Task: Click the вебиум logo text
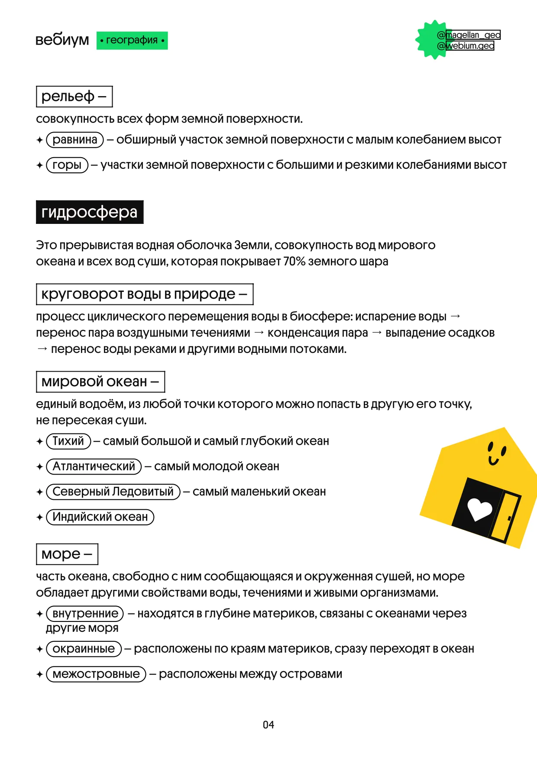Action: click(62, 40)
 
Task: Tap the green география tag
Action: click(132, 40)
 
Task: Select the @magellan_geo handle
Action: click(469, 35)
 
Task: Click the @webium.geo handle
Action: click(466, 45)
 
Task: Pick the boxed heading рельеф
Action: click(74, 96)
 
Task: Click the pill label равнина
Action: click(75, 139)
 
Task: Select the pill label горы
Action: click(67, 165)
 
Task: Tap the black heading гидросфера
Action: click(90, 212)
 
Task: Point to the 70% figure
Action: click(294, 262)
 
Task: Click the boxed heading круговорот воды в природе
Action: click(145, 294)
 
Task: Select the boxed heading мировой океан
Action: click(100, 382)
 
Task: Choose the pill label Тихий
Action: click(68, 441)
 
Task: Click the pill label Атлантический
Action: click(94, 466)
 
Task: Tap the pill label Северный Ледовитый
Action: click(113, 492)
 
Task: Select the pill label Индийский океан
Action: click(100, 517)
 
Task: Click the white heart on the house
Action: click(479, 509)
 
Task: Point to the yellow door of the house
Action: click(505, 517)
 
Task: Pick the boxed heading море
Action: click(67, 554)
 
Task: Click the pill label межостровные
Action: click(96, 674)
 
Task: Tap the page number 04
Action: click(268, 724)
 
